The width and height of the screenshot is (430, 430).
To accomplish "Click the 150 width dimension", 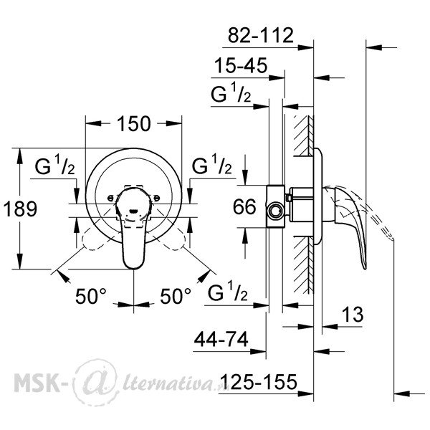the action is click(134, 124).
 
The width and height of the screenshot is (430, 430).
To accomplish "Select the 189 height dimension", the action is click(20, 209).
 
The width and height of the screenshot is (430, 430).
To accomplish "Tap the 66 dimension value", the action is click(244, 206).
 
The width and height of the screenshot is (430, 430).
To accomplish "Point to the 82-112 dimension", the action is click(261, 35).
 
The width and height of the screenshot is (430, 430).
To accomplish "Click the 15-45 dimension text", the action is click(241, 65).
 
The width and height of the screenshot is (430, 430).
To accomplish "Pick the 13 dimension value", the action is click(353, 315).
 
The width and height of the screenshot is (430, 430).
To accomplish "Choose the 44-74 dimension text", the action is click(221, 339).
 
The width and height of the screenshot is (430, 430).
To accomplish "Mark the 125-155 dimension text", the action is click(259, 381).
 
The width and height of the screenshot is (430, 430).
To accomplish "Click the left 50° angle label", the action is click(91, 296).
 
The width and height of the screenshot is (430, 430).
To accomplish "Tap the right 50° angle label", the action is click(176, 296).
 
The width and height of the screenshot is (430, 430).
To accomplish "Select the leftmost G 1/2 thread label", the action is click(55, 165).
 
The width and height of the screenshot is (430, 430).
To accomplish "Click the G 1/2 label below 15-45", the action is click(231, 92).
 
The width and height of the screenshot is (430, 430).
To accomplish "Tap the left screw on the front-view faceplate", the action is click(110, 198).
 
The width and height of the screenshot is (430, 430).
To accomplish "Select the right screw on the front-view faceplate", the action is click(156, 198).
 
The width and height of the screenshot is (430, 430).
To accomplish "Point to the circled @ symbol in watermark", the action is click(97, 382).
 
